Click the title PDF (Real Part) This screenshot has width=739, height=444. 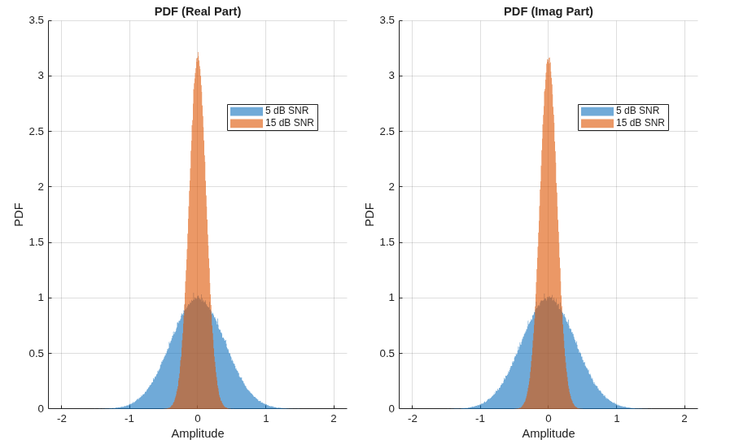pos(198,11)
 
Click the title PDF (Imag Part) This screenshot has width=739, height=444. pos(548,11)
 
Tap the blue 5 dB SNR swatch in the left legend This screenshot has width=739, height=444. pos(247,111)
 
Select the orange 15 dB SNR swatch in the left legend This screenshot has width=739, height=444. pos(247,124)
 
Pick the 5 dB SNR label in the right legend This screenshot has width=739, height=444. pos(637,111)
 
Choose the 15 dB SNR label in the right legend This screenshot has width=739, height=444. pos(640,123)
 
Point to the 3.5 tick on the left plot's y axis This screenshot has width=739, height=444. pos(37,20)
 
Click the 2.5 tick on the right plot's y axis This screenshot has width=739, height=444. pos(387,132)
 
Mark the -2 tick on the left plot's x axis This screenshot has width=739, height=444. pos(62,419)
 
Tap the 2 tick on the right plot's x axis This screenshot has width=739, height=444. pos(684,419)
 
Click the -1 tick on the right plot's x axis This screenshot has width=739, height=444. pos(480,419)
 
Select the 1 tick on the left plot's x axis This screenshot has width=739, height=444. pos(266,419)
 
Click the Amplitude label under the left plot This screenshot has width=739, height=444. pos(198,433)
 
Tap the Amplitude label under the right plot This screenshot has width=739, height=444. pos(548,433)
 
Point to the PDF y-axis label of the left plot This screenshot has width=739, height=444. pos(19,215)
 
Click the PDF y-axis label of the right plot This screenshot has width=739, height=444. pos(369,215)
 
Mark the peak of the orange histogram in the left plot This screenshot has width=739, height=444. pos(198,52)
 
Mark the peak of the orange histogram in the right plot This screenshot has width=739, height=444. pos(549,58)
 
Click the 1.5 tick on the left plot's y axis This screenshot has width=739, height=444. pos(37,242)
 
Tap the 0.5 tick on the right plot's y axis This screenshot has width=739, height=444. pos(387,354)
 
